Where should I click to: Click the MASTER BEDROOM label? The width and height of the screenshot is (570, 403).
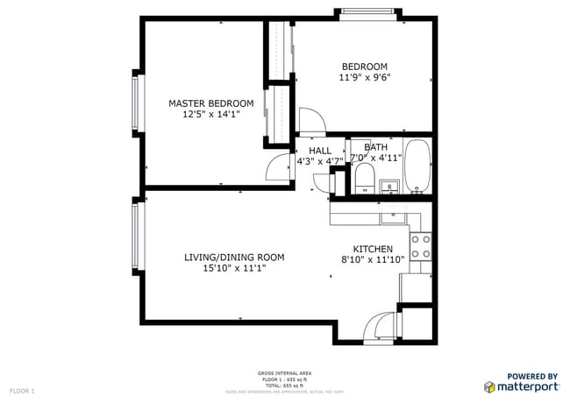(210, 103)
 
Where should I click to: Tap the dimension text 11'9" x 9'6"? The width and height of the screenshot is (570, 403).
(364, 77)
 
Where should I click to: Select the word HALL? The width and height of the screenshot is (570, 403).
(319, 151)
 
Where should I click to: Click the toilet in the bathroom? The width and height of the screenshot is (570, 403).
(363, 180)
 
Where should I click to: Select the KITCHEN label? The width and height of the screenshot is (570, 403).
(373, 249)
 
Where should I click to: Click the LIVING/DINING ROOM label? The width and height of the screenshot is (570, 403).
(234, 257)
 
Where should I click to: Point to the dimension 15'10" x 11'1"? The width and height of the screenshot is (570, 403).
(234, 268)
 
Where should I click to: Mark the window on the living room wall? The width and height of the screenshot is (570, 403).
(136, 237)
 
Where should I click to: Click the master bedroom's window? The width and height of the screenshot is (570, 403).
(136, 101)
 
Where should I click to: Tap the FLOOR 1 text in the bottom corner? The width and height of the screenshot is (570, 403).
(21, 389)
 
